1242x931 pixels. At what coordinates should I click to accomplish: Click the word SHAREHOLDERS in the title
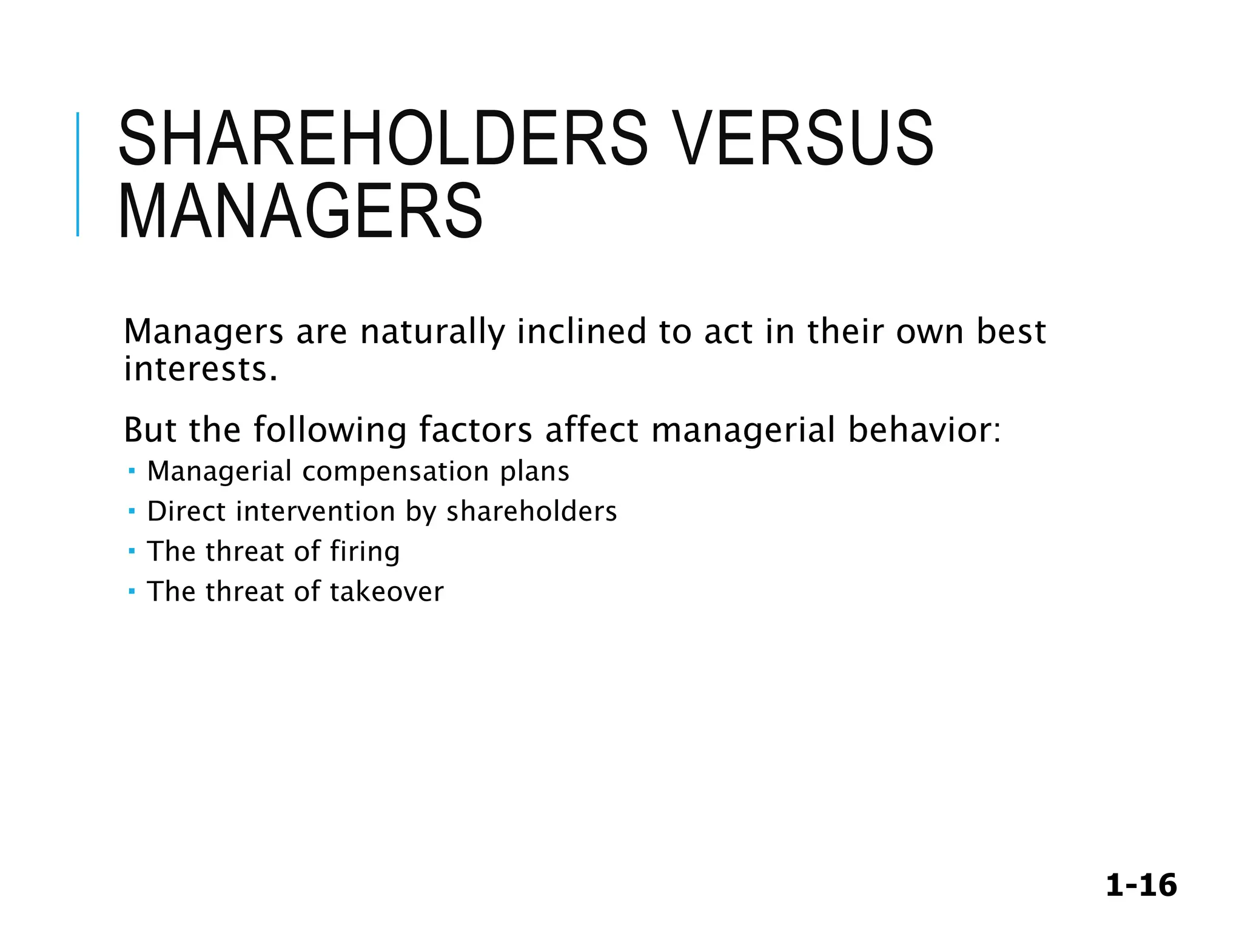tap(383, 139)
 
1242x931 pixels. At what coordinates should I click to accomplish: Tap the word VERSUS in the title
tap(804, 139)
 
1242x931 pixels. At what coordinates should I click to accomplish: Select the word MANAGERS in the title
tap(301, 212)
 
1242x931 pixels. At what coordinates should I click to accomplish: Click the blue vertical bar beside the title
tap(78, 175)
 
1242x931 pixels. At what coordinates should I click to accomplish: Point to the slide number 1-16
tap(1141, 886)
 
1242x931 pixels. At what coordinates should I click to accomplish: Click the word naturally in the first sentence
tap(432, 332)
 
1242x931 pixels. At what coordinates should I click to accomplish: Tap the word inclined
tap(582, 332)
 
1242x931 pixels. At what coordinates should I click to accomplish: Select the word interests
tap(200, 369)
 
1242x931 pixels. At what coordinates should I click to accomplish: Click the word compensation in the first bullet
tap(395, 471)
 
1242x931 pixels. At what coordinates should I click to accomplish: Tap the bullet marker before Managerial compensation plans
tap(132, 471)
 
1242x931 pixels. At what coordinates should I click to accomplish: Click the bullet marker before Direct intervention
tap(132, 512)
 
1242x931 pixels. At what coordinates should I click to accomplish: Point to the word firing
tap(364, 552)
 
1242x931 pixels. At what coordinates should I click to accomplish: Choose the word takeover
tap(386, 592)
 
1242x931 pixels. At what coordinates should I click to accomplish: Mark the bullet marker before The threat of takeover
tap(132, 592)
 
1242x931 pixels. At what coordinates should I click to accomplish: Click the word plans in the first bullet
tap(534, 472)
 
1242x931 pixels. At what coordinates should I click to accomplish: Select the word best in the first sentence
tap(1010, 332)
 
